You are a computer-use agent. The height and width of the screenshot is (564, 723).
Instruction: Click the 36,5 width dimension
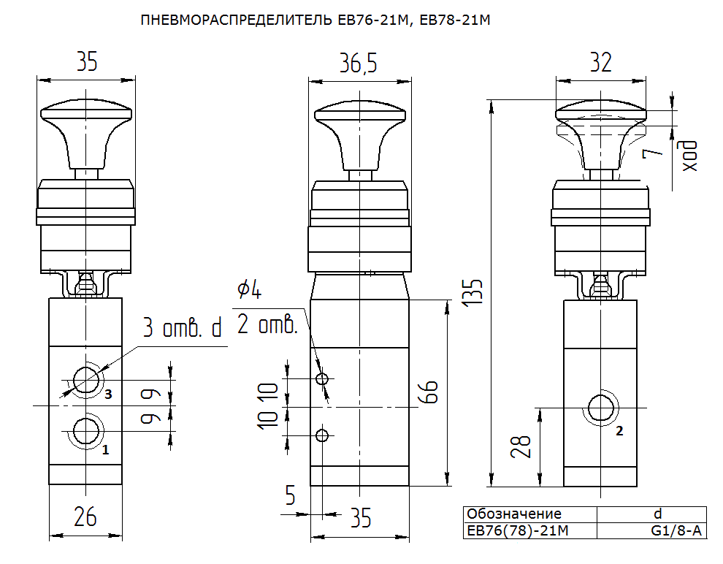pyautogui.click(x=359, y=63)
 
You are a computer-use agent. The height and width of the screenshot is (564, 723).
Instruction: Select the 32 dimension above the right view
pyautogui.click(x=601, y=62)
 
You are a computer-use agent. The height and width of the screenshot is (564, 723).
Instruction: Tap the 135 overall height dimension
pyautogui.click(x=473, y=291)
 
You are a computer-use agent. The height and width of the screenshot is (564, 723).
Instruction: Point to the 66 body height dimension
pyautogui.click(x=429, y=392)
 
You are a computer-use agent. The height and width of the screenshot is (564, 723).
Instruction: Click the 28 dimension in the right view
pyautogui.click(x=521, y=447)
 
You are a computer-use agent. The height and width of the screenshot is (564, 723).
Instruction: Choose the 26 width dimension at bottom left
pyautogui.click(x=85, y=517)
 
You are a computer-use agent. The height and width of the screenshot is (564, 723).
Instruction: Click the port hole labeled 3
pyautogui.click(x=85, y=380)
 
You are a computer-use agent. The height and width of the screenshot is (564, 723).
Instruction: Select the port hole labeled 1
pyautogui.click(x=86, y=431)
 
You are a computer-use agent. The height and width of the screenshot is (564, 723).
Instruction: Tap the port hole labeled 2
pyautogui.click(x=601, y=407)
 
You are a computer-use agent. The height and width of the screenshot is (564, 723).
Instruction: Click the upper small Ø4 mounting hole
pyautogui.click(x=322, y=379)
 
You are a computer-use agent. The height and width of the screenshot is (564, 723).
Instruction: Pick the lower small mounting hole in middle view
pyautogui.click(x=322, y=435)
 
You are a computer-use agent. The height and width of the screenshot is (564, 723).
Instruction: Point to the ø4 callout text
pyautogui.click(x=250, y=289)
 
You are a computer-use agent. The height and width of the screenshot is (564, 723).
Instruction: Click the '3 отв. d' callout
pyautogui.click(x=182, y=327)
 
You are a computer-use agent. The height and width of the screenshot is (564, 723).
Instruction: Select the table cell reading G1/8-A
pyautogui.click(x=676, y=531)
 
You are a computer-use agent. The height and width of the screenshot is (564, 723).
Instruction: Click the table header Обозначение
pyautogui.click(x=514, y=514)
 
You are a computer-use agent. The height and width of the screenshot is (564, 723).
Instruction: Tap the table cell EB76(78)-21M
pyautogui.click(x=518, y=531)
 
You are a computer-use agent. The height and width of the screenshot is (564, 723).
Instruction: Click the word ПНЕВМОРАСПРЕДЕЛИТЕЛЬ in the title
pyautogui.click(x=236, y=20)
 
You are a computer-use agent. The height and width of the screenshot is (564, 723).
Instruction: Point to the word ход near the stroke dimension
pyautogui.click(x=690, y=156)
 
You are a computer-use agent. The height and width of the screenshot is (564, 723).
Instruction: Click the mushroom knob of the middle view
pyautogui.click(x=360, y=135)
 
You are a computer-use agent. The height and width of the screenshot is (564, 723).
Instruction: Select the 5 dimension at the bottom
pyautogui.click(x=290, y=495)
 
